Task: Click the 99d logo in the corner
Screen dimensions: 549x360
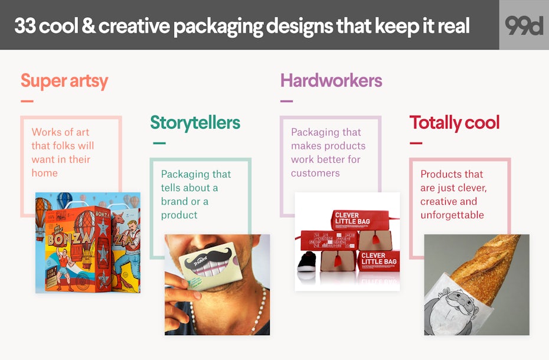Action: [524, 25]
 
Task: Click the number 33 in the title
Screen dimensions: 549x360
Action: [25, 26]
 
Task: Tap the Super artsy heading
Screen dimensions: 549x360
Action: [64, 81]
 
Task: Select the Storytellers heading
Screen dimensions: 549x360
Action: [195, 123]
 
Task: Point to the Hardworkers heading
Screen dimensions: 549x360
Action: [331, 80]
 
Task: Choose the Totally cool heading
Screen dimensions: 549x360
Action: [455, 123]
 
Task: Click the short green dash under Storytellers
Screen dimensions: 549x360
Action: [159, 143]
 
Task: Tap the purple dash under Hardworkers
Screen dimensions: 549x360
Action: [286, 101]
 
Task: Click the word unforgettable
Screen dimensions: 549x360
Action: [452, 215]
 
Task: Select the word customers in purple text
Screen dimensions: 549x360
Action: [315, 173]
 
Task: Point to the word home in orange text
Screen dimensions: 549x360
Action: [44, 173]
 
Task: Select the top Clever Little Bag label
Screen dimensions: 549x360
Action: [352, 218]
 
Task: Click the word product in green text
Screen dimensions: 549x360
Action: [179, 215]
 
